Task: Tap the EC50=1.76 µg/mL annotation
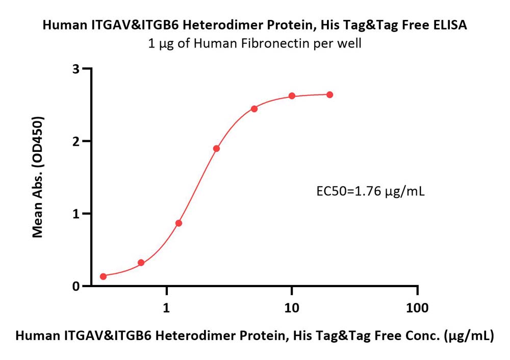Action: [x=370, y=191]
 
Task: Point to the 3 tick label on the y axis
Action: [x=76, y=69]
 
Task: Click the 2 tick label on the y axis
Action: [x=76, y=141]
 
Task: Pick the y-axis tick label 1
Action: [x=76, y=214]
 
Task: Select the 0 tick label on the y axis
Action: [x=76, y=286]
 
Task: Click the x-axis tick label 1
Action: [x=167, y=307]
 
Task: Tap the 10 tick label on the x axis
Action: [x=292, y=307]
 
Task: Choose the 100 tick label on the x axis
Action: [x=417, y=307]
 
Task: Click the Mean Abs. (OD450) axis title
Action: [x=38, y=177]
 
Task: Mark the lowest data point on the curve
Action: [x=103, y=276]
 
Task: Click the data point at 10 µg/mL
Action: [x=292, y=96]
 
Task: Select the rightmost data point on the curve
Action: [x=329, y=95]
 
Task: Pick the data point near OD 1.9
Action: [x=216, y=148]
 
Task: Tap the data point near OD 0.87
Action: [x=178, y=223]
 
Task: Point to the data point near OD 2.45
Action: [x=254, y=109]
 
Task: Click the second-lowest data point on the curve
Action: [x=141, y=263]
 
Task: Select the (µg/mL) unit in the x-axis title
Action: [x=469, y=336]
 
